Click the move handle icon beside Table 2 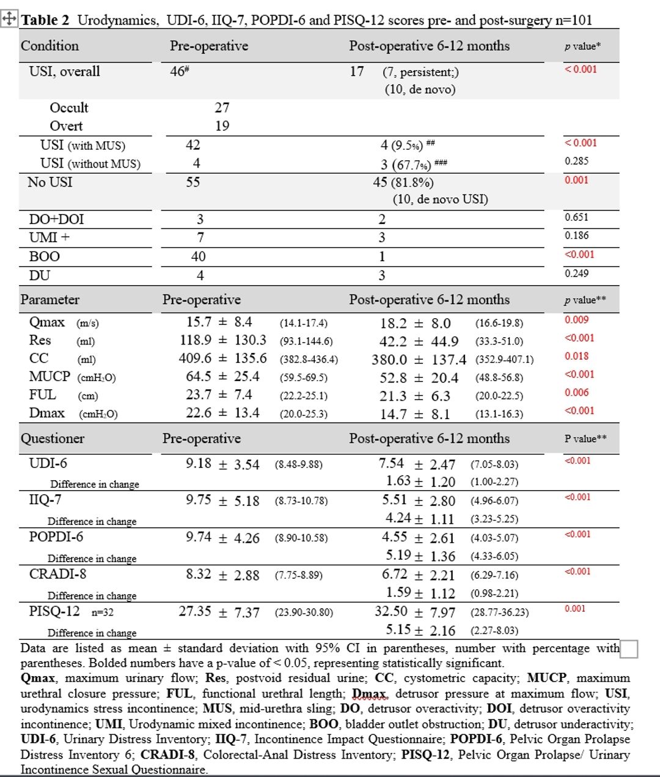point(9,19)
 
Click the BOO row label point(45,256)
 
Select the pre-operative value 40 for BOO point(199,256)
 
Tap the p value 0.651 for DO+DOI point(577,217)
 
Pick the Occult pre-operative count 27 point(222,108)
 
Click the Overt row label point(66,126)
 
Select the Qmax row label point(47,322)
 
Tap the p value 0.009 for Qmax point(577,319)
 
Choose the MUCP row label point(50,376)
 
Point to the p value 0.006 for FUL point(577,393)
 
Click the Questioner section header point(53,439)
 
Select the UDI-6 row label point(48,463)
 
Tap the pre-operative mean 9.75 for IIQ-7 point(199,500)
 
